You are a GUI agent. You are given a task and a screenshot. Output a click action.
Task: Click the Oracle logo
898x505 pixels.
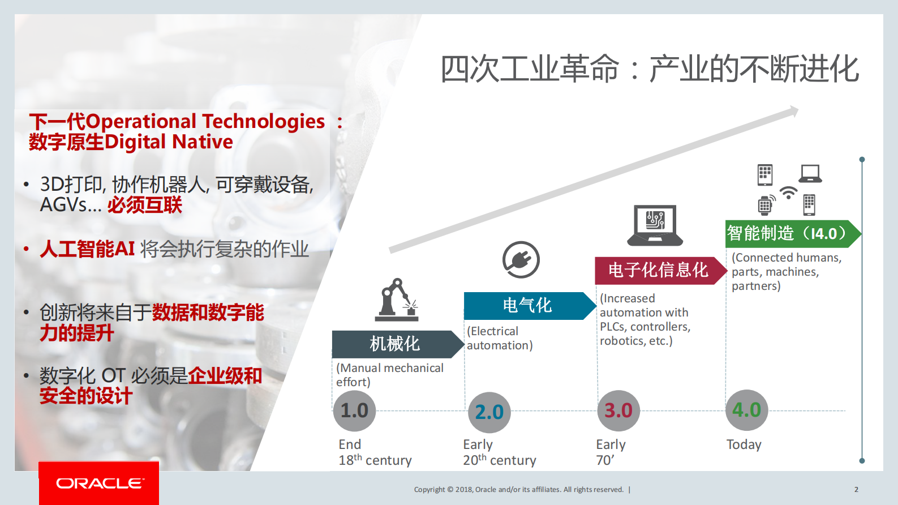[x=99, y=483]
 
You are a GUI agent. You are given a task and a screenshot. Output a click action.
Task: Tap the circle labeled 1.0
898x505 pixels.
[x=354, y=410]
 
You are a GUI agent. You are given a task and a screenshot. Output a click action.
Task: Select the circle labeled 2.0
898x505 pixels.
[x=489, y=412]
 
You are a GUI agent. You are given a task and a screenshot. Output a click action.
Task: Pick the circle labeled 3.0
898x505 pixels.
[x=618, y=410]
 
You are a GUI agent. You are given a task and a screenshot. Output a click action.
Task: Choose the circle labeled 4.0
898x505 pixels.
[x=747, y=410]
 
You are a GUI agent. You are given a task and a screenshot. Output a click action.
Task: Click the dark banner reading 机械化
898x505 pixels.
[x=395, y=344]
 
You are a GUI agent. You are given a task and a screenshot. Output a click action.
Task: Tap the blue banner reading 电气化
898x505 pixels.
[x=527, y=306]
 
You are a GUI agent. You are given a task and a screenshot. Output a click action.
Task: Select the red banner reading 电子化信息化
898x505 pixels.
[x=658, y=270]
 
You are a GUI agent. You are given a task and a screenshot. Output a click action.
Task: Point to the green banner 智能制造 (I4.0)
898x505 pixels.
[x=789, y=233]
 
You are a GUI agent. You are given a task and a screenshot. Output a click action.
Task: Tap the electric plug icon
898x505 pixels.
[x=521, y=260]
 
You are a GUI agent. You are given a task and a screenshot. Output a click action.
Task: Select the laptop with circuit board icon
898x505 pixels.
[x=655, y=225]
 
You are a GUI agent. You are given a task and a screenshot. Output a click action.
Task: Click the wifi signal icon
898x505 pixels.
[x=788, y=192]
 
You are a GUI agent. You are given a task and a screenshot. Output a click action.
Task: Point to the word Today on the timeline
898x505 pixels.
[x=744, y=444]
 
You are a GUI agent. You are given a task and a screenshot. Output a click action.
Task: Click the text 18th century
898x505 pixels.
[x=375, y=460]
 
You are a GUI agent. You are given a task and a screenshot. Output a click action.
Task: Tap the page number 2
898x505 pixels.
[x=856, y=489]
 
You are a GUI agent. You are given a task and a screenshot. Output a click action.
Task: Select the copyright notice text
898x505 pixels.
[x=518, y=489]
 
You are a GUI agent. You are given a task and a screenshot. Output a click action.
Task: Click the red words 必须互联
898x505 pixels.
[x=145, y=205]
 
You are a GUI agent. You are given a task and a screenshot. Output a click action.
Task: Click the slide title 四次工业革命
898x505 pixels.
[x=530, y=69]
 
